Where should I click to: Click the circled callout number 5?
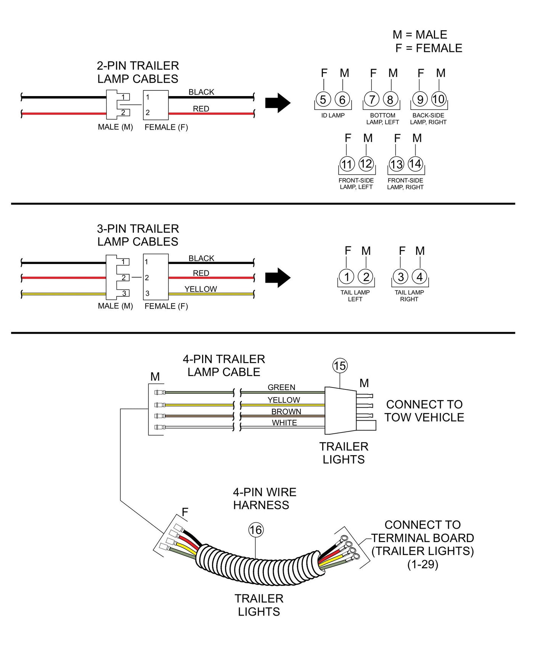pos(323,100)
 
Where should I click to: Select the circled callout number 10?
pos(439,99)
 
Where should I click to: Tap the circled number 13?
pos(396,164)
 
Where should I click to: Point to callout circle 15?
pos(340,366)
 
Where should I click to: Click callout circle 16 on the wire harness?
pos(256,529)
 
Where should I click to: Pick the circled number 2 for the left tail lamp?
pos(366,277)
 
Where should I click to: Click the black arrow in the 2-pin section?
pos(278,103)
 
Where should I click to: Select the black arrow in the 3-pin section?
pos(278,277)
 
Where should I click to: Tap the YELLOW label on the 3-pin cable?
pos(201,289)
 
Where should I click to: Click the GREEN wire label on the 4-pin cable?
pos(281,387)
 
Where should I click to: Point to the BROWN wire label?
pos(286,412)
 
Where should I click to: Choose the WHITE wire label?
pos(284,423)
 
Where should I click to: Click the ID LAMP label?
pos(333,115)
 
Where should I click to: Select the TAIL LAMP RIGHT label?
pos(409,296)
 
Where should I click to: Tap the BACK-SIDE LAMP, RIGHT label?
pos(428,119)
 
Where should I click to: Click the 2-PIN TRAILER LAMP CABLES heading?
pos(138,72)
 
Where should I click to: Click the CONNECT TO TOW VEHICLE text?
pos(424,411)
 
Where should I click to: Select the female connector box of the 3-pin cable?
pos(156,277)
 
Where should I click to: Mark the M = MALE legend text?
pos(420,35)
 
